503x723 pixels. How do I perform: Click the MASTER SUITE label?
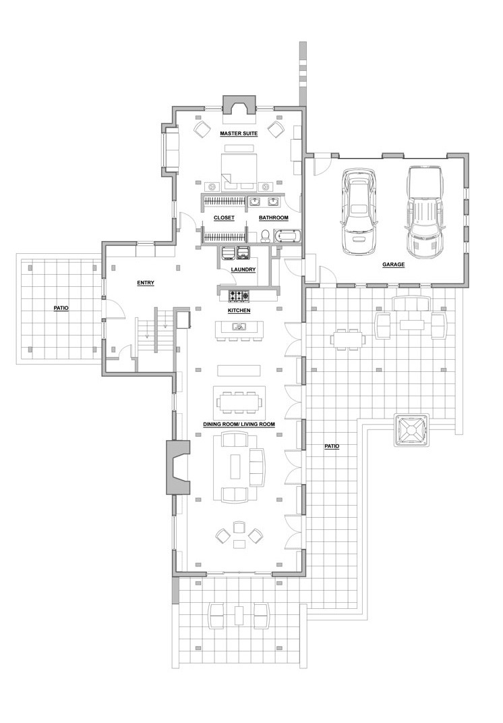(239, 134)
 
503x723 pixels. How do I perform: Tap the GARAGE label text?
(393, 265)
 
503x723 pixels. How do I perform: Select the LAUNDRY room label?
(243, 270)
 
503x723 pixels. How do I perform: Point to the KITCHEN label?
(239, 311)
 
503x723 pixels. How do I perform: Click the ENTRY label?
(146, 283)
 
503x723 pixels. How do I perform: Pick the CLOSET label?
(224, 217)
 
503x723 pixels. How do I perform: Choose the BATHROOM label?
(274, 217)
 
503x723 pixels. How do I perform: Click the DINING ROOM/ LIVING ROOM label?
(239, 424)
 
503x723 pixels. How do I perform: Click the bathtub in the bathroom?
(287, 236)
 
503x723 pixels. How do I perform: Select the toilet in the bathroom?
(265, 236)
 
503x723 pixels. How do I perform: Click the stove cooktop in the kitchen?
(239, 294)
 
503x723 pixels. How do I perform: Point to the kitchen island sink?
(239, 327)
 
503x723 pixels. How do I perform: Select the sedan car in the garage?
(359, 212)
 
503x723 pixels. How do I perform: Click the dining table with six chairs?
(239, 402)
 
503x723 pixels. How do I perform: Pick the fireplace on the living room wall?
(178, 467)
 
